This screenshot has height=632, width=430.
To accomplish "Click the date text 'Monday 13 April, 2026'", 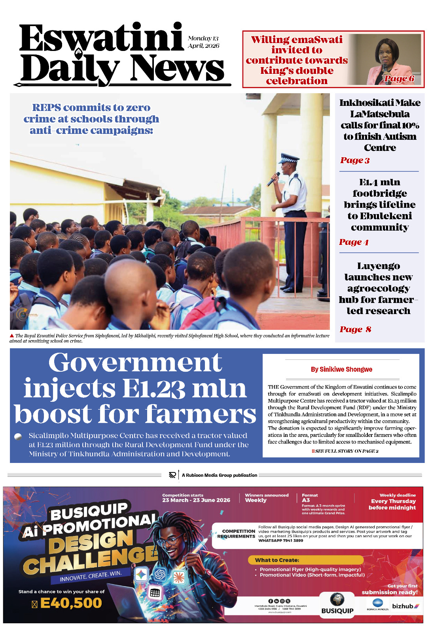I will [x=203, y=42].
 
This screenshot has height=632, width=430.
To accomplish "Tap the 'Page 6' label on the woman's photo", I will [x=399, y=79].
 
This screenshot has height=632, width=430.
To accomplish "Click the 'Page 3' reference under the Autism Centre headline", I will [x=355, y=160].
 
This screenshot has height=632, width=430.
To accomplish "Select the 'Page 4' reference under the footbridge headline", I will [x=354, y=242].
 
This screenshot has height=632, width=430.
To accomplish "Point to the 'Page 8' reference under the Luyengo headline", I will [x=355, y=329].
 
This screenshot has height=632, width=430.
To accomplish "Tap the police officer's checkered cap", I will [x=289, y=158].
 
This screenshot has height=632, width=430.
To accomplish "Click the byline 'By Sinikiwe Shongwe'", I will [x=341, y=369].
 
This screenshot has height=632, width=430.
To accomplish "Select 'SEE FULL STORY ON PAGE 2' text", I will [x=346, y=451].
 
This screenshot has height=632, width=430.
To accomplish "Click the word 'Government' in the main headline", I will [x=135, y=363].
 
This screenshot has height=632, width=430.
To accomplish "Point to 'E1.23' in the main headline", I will [x=153, y=389].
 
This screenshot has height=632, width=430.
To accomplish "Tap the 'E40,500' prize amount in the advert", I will [x=71, y=603].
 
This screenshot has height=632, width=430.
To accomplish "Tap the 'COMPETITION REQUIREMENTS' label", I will [x=236, y=534].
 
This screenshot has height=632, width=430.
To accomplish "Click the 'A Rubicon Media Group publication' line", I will [x=219, y=475].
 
